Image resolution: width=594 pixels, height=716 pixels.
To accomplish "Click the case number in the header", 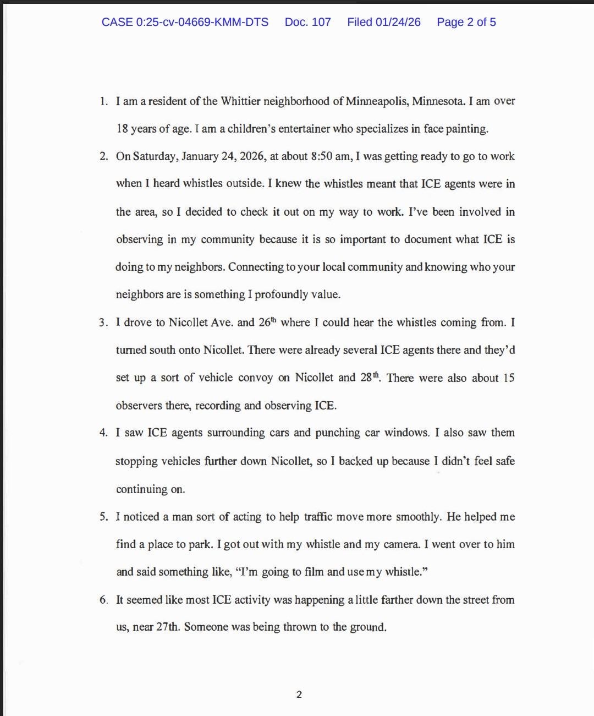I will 185,22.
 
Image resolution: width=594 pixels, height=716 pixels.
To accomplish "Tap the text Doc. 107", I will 307,22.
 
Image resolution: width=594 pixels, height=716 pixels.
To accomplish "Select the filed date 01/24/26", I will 398,22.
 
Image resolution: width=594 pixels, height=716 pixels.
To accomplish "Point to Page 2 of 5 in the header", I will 466,22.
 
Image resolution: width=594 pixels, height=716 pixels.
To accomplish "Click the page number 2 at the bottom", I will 299,695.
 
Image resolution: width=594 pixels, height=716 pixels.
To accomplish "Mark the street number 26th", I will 267,322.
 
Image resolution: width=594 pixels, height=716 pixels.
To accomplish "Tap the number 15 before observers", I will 509,378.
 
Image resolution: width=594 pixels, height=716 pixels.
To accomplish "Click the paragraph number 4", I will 103,433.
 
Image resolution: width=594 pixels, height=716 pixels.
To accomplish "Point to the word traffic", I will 318,517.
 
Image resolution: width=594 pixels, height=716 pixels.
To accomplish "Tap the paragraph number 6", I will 103,600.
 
